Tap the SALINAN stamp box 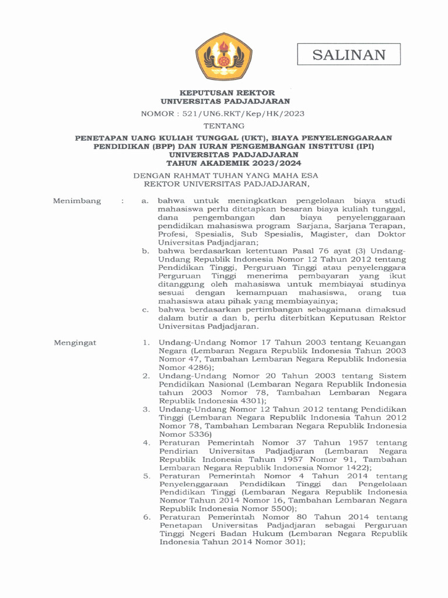(349, 55)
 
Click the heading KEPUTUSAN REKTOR (227, 92)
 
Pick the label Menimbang (76, 201)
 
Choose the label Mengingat (75, 342)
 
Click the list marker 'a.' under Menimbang (146, 201)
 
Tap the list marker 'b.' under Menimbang (146, 251)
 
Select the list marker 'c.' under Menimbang (146, 309)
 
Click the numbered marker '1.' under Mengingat (147, 342)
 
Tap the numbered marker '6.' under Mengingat (147, 517)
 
